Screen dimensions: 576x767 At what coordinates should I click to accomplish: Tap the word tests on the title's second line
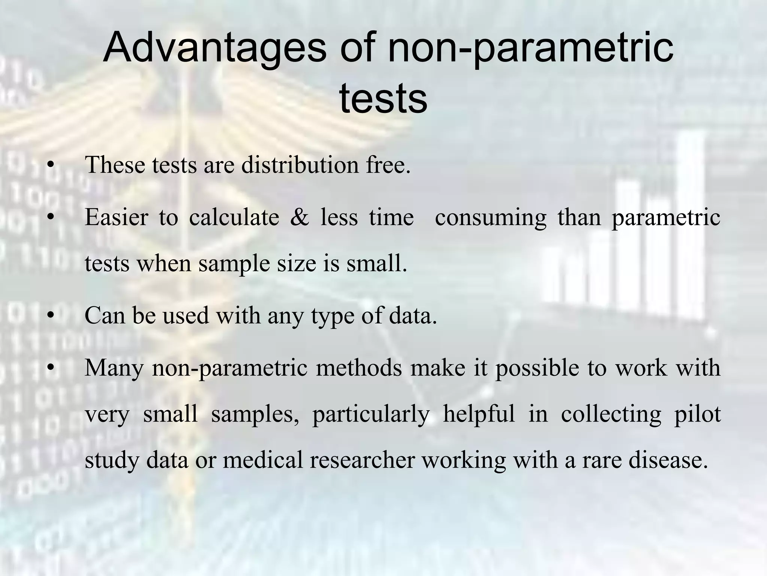pyautogui.click(x=383, y=99)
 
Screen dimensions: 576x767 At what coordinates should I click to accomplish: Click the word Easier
pyautogui.click(x=116, y=217)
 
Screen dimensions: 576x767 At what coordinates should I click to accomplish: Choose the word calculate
pyautogui.click(x=234, y=217)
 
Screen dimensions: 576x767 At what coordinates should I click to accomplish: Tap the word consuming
pyautogui.click(x=491, y=217)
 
